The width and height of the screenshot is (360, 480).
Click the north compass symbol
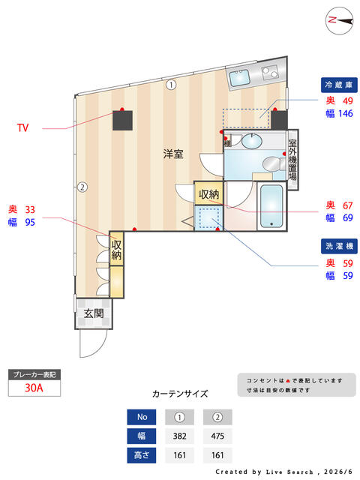(339, 20)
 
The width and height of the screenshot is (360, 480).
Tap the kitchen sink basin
(240, 77)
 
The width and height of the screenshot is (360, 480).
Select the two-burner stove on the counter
(270, 73)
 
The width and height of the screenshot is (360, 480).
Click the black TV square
(122, 120)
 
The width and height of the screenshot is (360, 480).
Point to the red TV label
(22, 127)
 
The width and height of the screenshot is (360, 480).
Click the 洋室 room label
(173, 154)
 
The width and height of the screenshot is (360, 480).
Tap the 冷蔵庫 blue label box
(339, 85)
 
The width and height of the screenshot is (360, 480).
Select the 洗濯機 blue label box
(339, 246)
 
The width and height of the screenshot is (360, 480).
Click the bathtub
(271, 206)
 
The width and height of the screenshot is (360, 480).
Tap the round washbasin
(252, 141)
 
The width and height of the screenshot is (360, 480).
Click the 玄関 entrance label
(94, 313)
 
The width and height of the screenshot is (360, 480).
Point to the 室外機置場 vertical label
(292, 160)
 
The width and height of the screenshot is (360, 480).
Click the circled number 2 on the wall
(82, 187)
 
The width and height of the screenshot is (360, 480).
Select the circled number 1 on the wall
(171, 85)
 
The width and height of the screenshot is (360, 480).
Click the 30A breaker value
(34, 388)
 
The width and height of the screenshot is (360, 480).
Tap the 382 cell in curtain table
(180, 436)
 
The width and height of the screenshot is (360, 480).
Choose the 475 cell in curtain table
(217, 436)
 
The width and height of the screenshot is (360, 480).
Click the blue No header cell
(142, 417)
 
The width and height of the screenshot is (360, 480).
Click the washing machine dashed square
(209, 218)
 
